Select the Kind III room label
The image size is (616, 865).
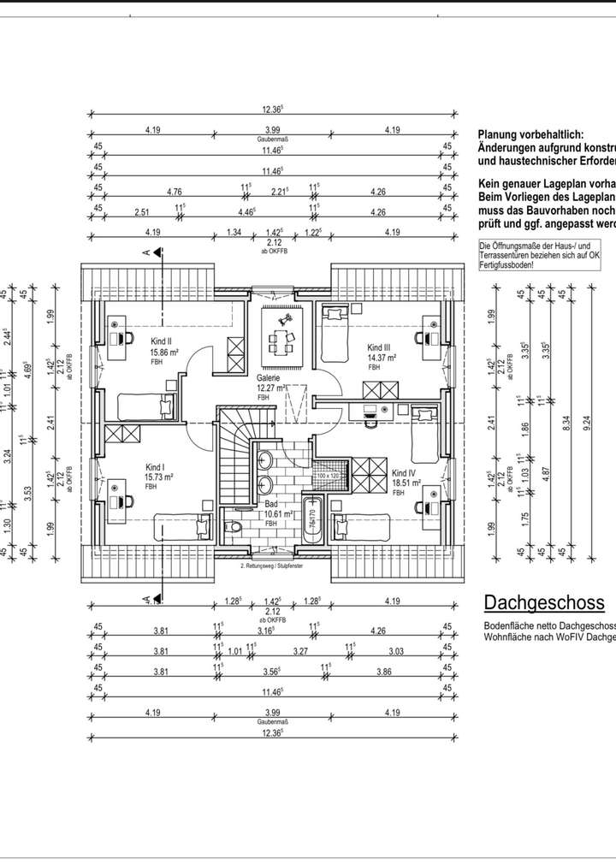click(x=379, y=347)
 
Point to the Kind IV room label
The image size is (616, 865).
click(x=404, y=473)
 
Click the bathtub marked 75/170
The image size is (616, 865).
click(x=311, y=518)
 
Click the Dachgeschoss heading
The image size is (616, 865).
click(x=544, y=603)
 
